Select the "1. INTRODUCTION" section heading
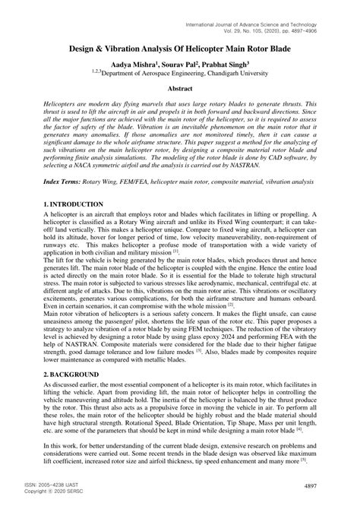(x=73, y=205)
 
